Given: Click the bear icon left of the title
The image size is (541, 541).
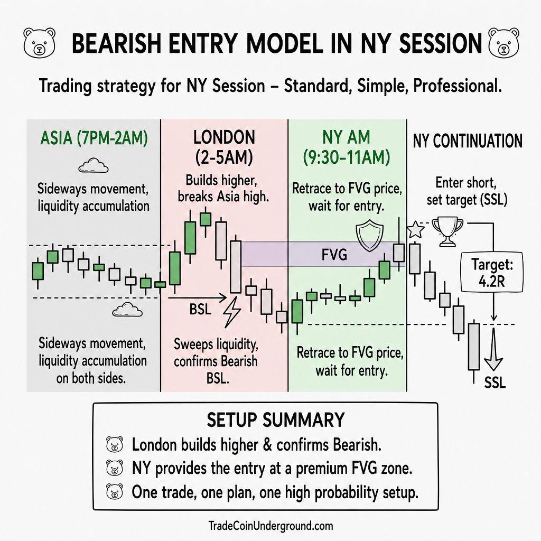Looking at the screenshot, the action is click(39, 42).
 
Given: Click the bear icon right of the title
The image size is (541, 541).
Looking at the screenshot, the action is click(503, 42).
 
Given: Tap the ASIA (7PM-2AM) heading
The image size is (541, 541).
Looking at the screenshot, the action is click(94, 138).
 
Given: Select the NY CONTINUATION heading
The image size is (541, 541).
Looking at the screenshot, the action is click(468, 141).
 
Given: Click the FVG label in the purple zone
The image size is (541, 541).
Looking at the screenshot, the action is click(334, 255).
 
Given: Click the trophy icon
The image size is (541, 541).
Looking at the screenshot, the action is click(447, 231).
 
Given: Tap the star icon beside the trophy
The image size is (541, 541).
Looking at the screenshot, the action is click(416, 230).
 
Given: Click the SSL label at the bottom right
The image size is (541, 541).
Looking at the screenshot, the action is click(495, 383).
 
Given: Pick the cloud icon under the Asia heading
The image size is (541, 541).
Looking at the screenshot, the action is click(94, 165).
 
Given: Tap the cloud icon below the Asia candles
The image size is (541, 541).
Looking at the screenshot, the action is click(127, 310).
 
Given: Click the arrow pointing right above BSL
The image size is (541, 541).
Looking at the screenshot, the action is click(198, 297).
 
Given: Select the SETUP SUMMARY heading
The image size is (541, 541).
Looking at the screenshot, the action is click(276, 420).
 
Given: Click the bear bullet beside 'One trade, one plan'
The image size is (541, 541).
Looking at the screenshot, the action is click(115, 492).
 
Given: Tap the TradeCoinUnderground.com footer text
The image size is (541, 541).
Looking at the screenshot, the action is click(271, 526).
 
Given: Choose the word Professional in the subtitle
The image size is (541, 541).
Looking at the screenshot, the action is click(457, 86).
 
